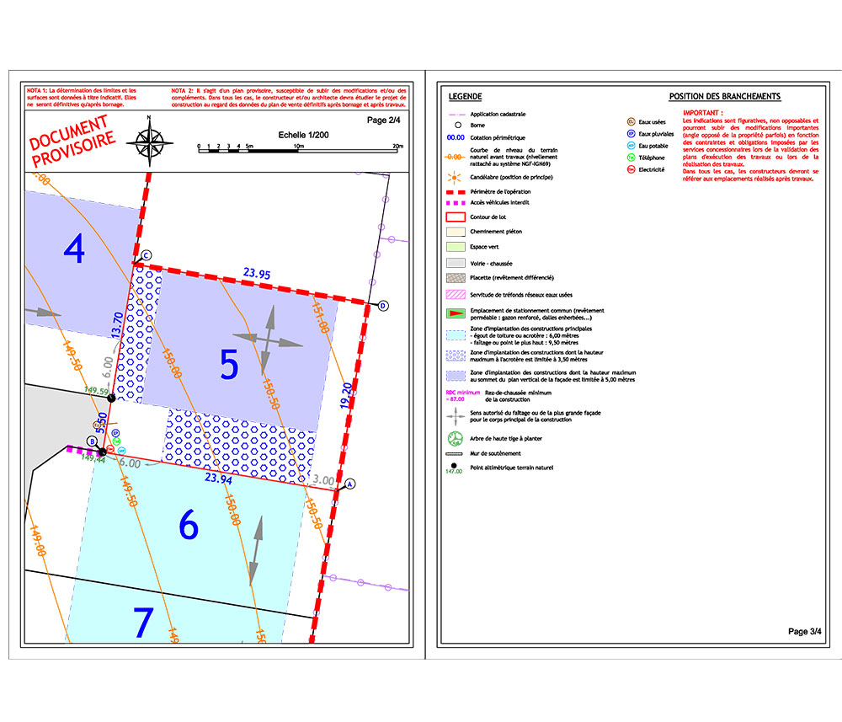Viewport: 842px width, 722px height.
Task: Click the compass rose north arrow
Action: [x=149, y=140]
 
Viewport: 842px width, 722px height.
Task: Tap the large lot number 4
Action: [x=75, y=249]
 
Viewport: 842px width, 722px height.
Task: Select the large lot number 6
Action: [x=189, y=525]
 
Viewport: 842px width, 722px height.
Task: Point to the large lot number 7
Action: [x=144, y=623]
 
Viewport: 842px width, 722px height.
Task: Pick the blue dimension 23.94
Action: [x=217, y=479]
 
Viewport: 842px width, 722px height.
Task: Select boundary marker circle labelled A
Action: [x=351, y=484]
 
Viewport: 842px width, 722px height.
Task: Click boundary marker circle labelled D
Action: [x=383, y=305]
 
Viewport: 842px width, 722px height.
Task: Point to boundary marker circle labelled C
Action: [x=146, y=254]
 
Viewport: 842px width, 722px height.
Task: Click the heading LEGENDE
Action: [x=466, y=97]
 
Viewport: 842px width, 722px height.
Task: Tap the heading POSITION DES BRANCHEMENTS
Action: [x=724, y=97]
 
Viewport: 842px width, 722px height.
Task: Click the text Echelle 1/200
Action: [x=304, y=135]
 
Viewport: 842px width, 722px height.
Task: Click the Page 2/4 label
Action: [x=385, y=120]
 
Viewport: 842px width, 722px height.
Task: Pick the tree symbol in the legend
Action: [x=456, y=438]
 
